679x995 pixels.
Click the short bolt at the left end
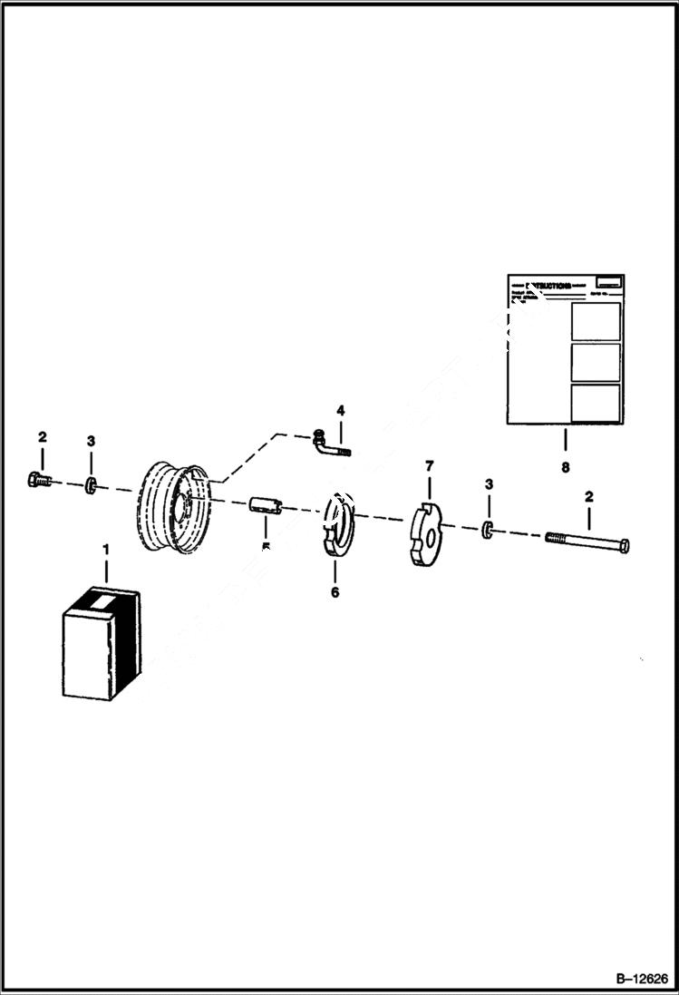tap(39, 480)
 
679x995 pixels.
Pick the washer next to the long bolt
tap(489, 530)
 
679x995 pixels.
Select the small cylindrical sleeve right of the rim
tap(266, 504)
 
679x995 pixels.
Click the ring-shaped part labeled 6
tap(337, 525)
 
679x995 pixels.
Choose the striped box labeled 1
tap(101, 643)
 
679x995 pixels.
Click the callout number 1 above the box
tap(105, 550)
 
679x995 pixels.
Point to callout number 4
tap(340, 411)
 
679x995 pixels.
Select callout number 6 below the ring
tap(335, 592)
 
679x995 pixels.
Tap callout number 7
tap(431, 466)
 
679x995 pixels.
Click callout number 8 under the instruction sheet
tap(566, 468)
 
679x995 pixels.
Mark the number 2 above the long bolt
tap(589, 496)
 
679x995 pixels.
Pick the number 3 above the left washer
tap(91, 441)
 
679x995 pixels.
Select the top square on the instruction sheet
tap(596, 321)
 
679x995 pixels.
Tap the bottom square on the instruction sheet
tap(596, 403)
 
